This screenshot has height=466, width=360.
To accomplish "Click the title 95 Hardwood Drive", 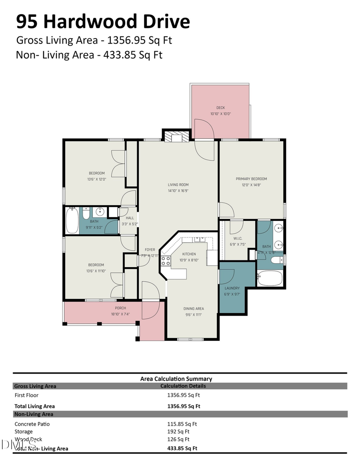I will tap(103, 21).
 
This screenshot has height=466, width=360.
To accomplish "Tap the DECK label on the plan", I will tap(220, 108).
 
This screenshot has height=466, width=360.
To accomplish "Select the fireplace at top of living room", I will tap(176, 137).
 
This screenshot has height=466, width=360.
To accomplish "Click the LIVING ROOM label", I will tap(178, 185).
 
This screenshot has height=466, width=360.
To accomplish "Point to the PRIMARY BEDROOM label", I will tap(251, 179).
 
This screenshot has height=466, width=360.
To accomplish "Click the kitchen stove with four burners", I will tap(166, 261).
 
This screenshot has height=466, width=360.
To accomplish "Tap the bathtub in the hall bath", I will tap(72, 220).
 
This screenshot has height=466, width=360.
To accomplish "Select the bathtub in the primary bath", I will tap(270, 278).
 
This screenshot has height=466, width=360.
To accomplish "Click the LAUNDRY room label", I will tap(232, 288).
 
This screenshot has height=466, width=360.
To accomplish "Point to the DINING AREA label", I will tap(194, 308).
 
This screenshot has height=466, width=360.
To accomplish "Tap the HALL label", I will tap(130, 218).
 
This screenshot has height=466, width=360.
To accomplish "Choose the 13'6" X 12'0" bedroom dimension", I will tap(96, 179).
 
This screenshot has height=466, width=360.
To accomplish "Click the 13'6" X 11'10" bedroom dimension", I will tap(96, 271).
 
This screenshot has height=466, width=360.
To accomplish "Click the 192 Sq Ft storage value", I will tap(178, 432).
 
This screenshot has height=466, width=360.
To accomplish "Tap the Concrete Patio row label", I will tap(32, 424).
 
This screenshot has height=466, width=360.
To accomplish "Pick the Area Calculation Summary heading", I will tap(176, 378).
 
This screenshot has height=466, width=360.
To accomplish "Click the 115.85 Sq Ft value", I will tap(182, 424).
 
